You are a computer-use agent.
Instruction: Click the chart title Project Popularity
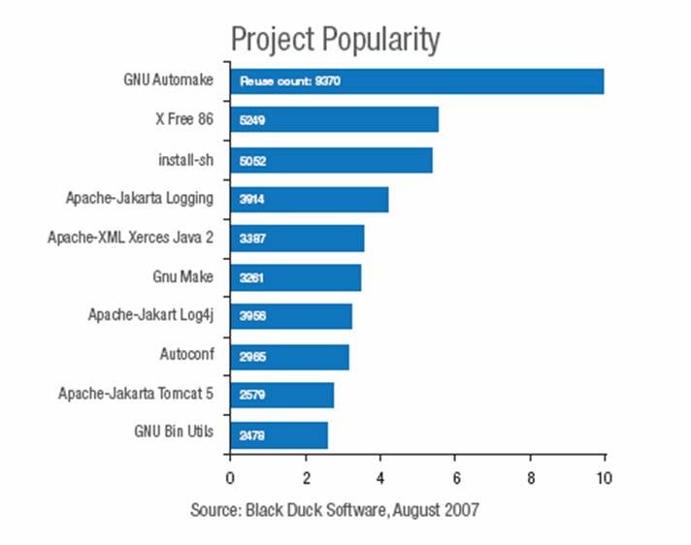[x=335, y=41]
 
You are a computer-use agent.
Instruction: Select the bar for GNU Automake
[x=416, y=81]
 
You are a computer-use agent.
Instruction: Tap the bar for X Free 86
[x=334, y=120]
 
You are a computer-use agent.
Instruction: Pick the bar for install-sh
[x=331, y=160]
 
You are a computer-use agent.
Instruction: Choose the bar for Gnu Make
[x=295, y=277]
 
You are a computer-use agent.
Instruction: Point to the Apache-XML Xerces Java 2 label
[x=130, y=238]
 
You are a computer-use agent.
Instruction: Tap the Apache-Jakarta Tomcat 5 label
[x=136, y=394]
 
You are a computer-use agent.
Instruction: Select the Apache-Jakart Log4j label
[x=150, y=315]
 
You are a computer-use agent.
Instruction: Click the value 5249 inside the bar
[x=253, y=121]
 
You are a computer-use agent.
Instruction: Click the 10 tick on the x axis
[x=604, y=477]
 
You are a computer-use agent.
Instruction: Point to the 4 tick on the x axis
[x=379, y=477]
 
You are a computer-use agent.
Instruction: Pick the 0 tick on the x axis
[x=230, y=477]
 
